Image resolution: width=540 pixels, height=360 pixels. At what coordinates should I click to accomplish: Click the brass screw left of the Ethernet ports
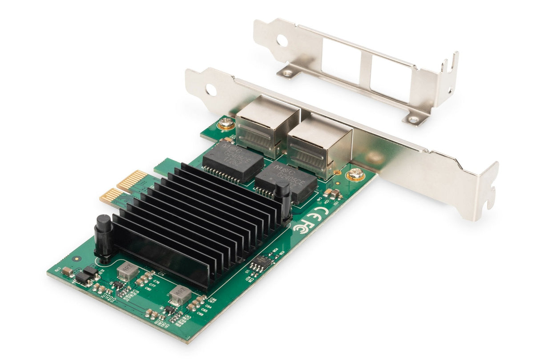point(226,124)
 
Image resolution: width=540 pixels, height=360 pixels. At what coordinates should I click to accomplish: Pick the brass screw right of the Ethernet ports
point(355,174)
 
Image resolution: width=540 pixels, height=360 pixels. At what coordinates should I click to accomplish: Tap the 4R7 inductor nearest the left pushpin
point(128,271)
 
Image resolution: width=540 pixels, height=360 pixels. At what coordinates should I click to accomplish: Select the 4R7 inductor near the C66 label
point(180,295)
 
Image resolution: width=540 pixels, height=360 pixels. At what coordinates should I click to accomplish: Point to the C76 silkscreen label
point(156,282)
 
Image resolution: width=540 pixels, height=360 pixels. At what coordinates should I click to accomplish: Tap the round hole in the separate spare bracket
point(281,40)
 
